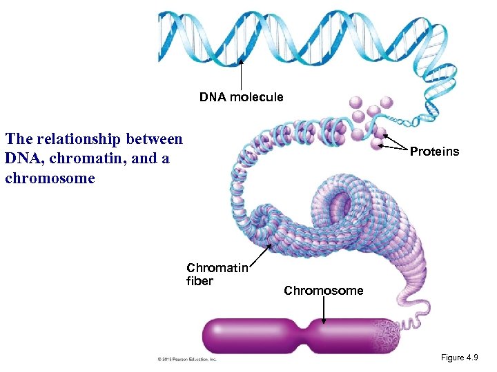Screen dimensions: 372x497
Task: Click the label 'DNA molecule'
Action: [x=241, y=97]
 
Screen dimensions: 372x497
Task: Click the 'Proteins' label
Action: [x=434, y=152]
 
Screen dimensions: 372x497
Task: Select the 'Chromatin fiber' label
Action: [x=216, y=274]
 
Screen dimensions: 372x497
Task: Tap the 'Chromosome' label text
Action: [x=323, y=291]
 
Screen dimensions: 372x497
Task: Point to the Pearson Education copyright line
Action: [x=186, y=359]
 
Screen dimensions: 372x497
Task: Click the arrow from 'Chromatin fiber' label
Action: [x=260, y=253]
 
